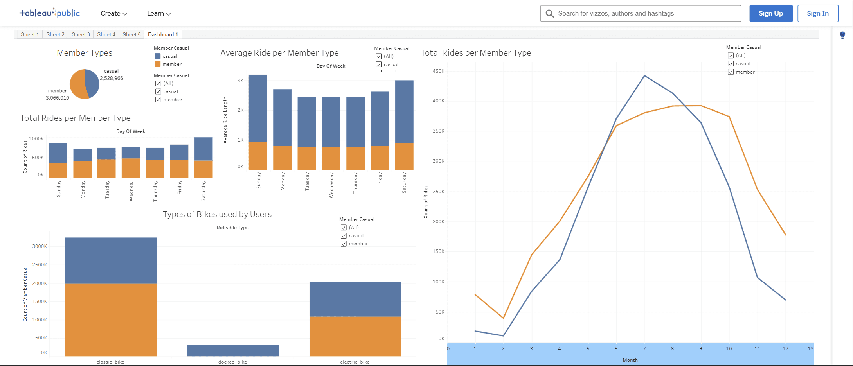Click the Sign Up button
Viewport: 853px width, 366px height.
[x=770, y=13]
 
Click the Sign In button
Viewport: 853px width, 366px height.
[x=817, y=13]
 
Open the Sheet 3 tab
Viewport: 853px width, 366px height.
[x=81, y=34]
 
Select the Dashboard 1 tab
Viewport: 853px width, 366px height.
[x=163, y=34]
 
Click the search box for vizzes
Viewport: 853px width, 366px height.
[x=646, y=13]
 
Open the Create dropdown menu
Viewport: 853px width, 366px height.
[x=113, y=13]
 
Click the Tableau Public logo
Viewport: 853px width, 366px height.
[x=50, y=13]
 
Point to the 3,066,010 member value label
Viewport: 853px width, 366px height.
[x=57, y=98]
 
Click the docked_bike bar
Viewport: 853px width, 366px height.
[x=233, y=350]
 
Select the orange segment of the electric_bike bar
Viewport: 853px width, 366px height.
[x=355, y=336]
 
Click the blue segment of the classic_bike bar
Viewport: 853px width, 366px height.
[x=111, y=260]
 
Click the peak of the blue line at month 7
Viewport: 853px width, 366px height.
[x=644, y=75]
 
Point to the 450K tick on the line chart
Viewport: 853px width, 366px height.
[x=438, y=71]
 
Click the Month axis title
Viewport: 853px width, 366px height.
[x=630, y=360]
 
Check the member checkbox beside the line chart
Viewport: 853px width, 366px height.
[x=731, y=72]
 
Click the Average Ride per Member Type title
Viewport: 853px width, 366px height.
[x=279, y=53]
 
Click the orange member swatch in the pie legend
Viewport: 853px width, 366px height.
[x=158, y=64]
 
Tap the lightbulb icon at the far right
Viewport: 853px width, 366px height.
[x=842, y=35]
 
